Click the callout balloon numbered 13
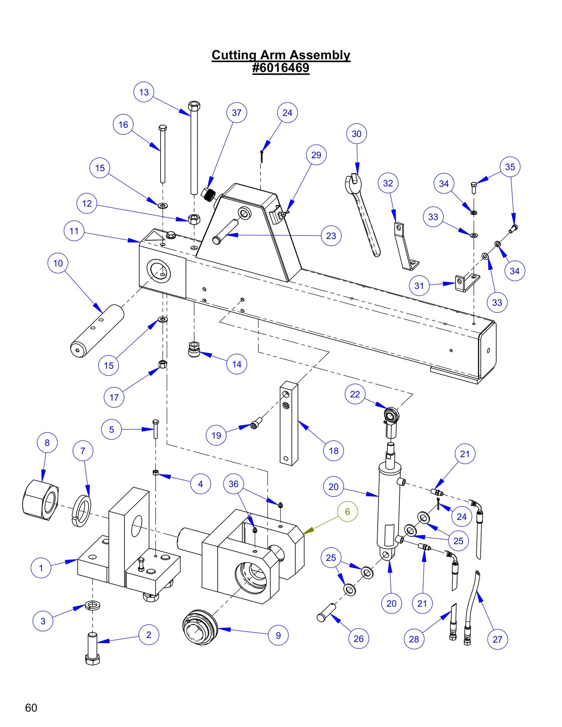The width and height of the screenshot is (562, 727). [144, 92]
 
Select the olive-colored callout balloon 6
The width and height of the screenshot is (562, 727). [347, 512]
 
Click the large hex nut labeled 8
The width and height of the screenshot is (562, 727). [40, 500]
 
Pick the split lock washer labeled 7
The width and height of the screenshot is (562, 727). [81, 511]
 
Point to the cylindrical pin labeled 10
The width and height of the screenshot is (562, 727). [97, 330]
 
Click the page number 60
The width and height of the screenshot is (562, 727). [31, 708]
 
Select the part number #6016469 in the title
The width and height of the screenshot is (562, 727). [280, 68]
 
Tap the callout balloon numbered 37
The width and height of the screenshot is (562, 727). [236, 113]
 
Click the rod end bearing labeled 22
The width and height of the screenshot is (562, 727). [391, 416]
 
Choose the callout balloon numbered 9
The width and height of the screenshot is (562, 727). [278, 635]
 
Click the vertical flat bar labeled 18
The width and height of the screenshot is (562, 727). [289, 424]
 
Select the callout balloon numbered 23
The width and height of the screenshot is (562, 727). [331, 236]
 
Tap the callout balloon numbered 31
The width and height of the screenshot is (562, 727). [419, 286]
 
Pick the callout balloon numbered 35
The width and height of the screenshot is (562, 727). [510, 167]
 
